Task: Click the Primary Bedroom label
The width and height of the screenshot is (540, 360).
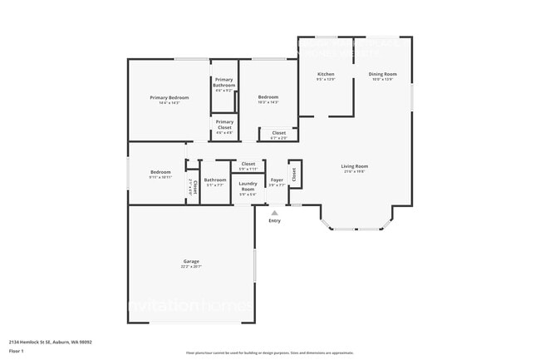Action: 169,98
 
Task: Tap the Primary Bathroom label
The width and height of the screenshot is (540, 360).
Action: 224,82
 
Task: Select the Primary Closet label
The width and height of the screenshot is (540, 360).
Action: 224,124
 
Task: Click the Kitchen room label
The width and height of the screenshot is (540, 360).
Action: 326,74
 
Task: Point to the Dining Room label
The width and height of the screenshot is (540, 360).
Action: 383,74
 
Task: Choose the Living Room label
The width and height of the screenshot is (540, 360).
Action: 355,165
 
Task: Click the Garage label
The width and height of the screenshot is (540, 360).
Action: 190,261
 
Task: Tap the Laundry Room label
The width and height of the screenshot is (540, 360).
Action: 248,186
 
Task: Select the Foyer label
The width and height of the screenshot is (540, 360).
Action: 277,180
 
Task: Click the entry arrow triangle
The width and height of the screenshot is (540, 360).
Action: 274,213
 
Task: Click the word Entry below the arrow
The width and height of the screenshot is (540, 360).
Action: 274,220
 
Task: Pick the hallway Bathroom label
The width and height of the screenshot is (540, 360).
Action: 215,180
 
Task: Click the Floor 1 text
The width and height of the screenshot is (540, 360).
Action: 17,352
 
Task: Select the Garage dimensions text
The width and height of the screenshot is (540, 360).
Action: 190,267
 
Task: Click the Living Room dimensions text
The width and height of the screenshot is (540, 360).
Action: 355,171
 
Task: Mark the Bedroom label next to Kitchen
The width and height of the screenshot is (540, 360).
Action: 268,96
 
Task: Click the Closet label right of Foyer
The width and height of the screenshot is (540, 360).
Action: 294,174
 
